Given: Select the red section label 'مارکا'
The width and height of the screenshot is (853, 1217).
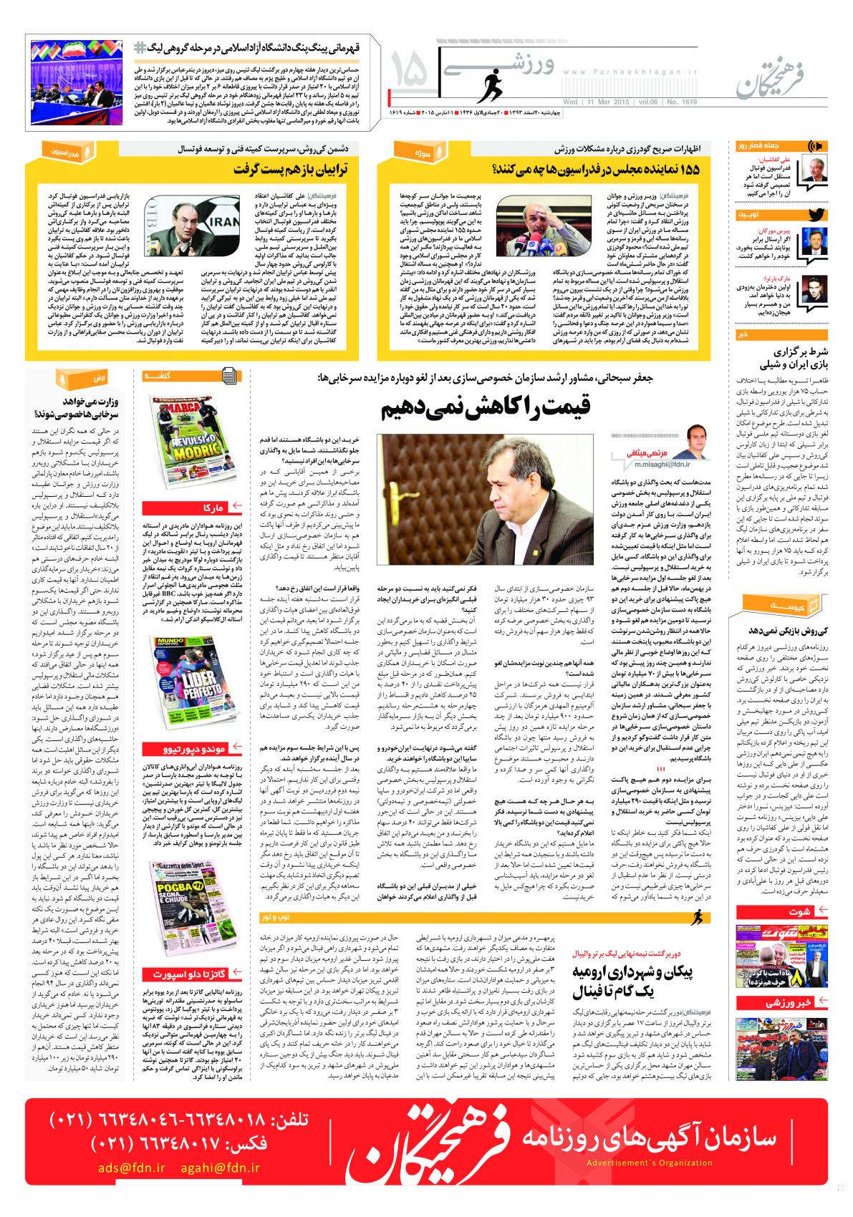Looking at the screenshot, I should point(214,508).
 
